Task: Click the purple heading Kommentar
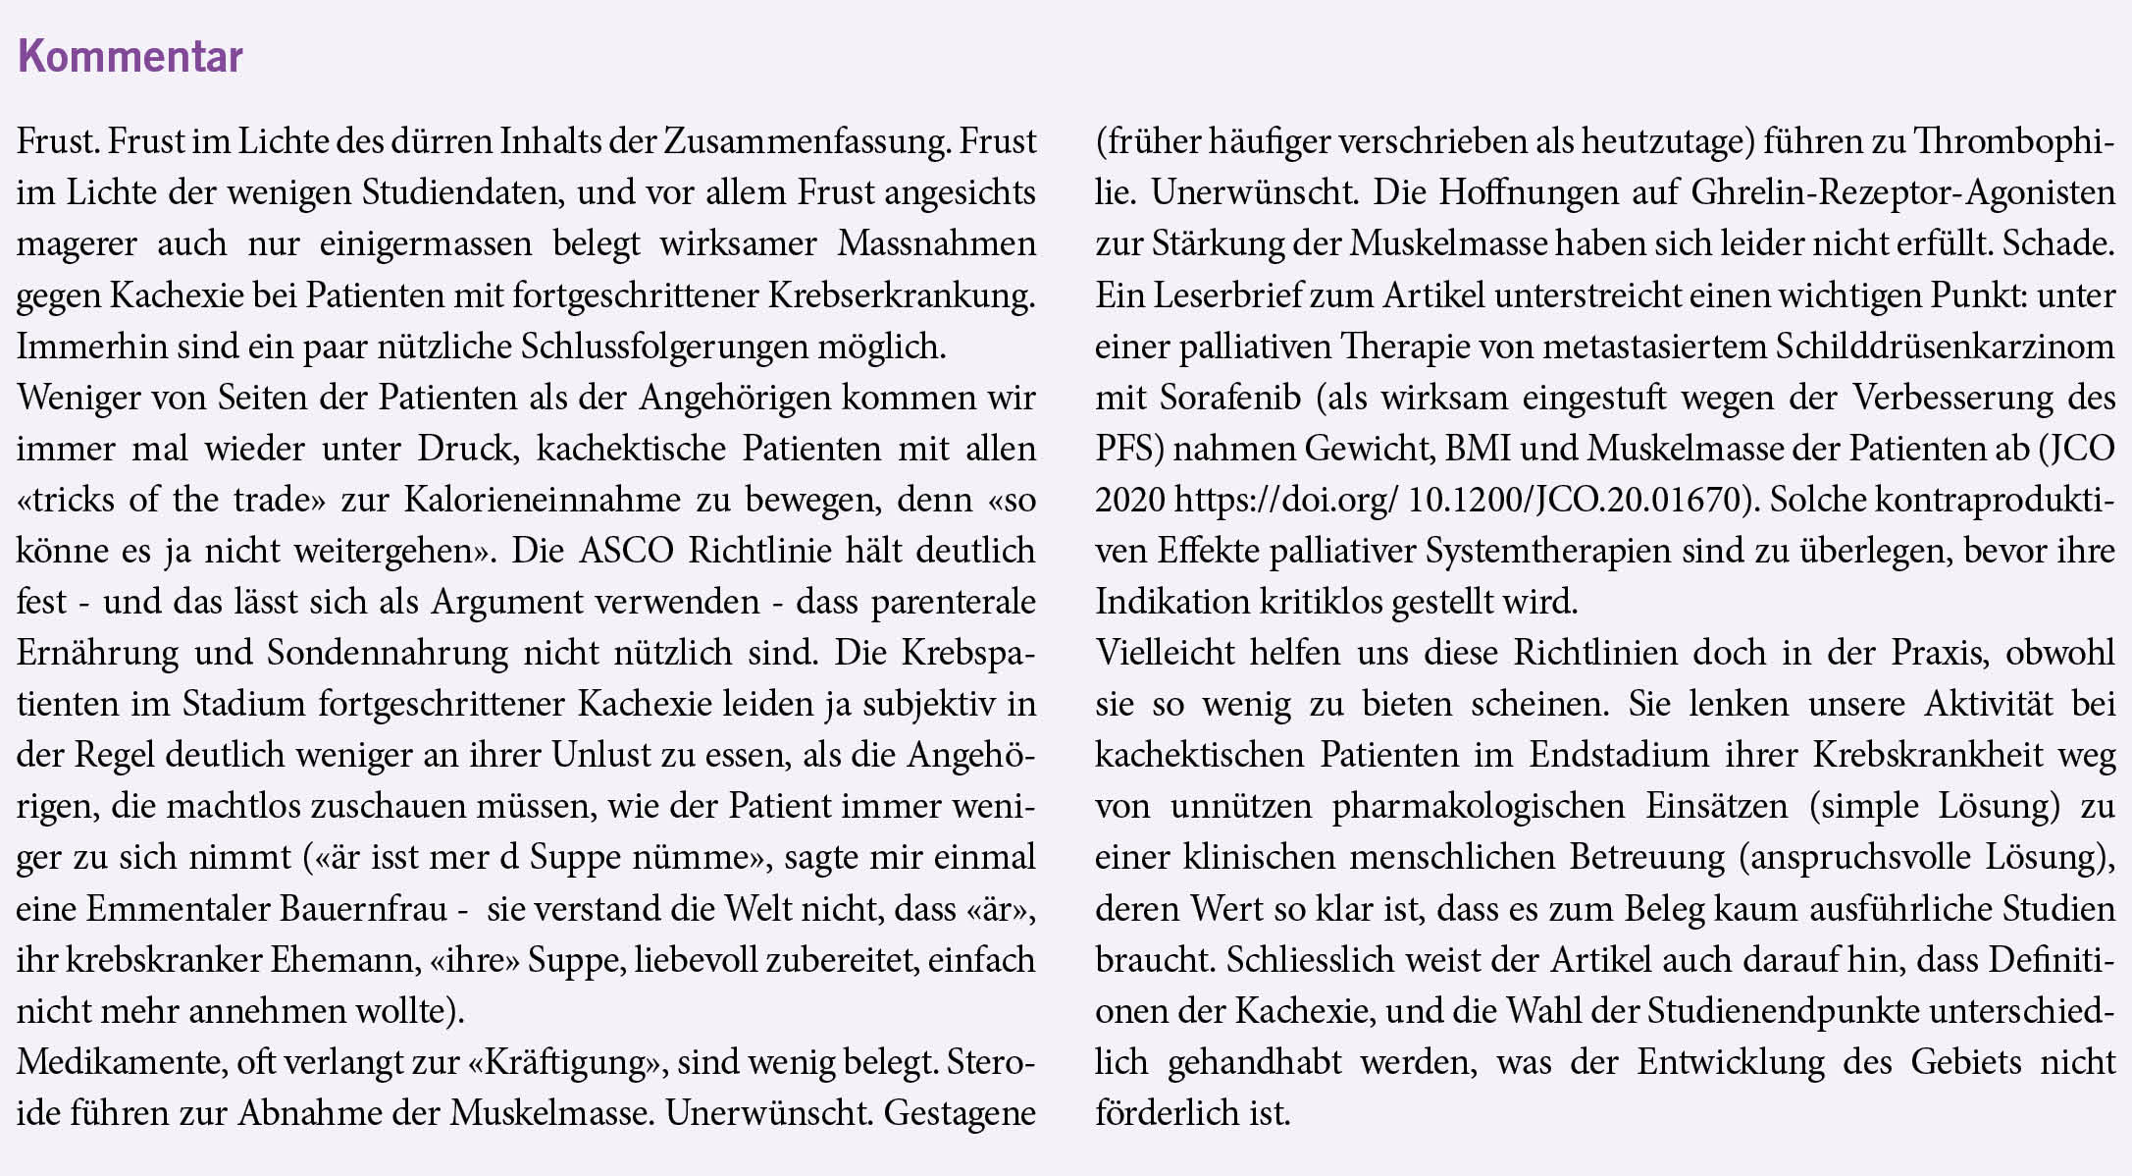point(130,56)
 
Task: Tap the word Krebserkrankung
point(901,295)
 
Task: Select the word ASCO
point(626,551)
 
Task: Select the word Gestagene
point(959,1113)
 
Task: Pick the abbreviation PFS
point(1128,449)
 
